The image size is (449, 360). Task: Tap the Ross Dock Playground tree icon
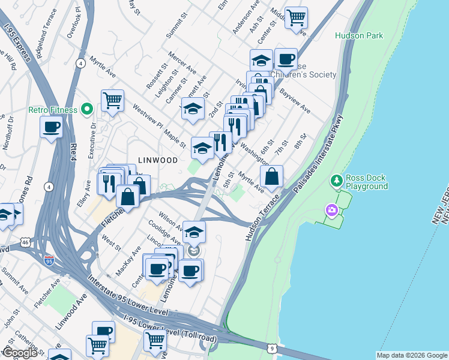tap(337, 181)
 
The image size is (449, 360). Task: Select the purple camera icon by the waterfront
tap(331, 210)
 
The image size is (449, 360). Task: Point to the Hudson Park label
tap(359, 36)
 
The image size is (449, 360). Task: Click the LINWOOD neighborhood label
tap(158, 160)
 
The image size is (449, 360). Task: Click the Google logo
tap(20, 352)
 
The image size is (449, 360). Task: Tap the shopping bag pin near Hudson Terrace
tap(272, 176)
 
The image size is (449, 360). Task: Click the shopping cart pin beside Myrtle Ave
tap(112, 101)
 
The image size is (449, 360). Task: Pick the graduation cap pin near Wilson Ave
tap(194, 231)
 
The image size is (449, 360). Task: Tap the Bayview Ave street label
tap(294, 101)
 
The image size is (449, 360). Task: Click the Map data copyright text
tap(411, 355)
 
